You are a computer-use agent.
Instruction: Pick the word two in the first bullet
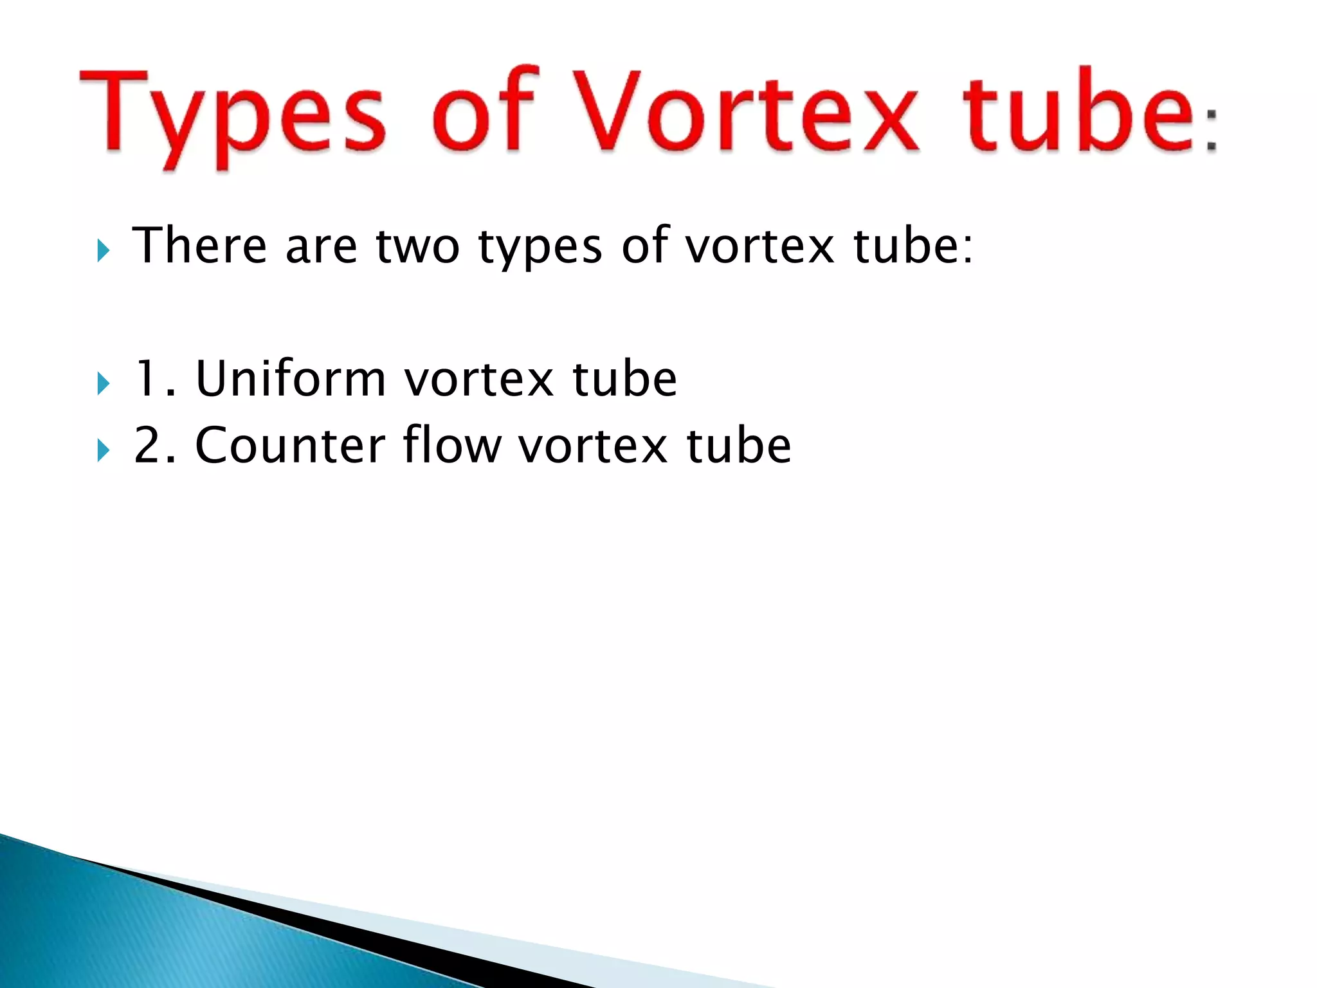click(x=417, y=246)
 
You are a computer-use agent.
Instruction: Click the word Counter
click(x=290, y=445)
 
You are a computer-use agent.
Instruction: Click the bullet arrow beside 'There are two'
click(x=103, y=250)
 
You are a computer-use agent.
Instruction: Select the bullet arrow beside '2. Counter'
click(x=103, y=450)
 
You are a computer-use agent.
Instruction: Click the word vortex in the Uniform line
click(x=479, y=380)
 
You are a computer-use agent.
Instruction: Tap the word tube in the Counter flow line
click(x=739, y=445)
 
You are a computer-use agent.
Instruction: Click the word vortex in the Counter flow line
click(x=593, y=446)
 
